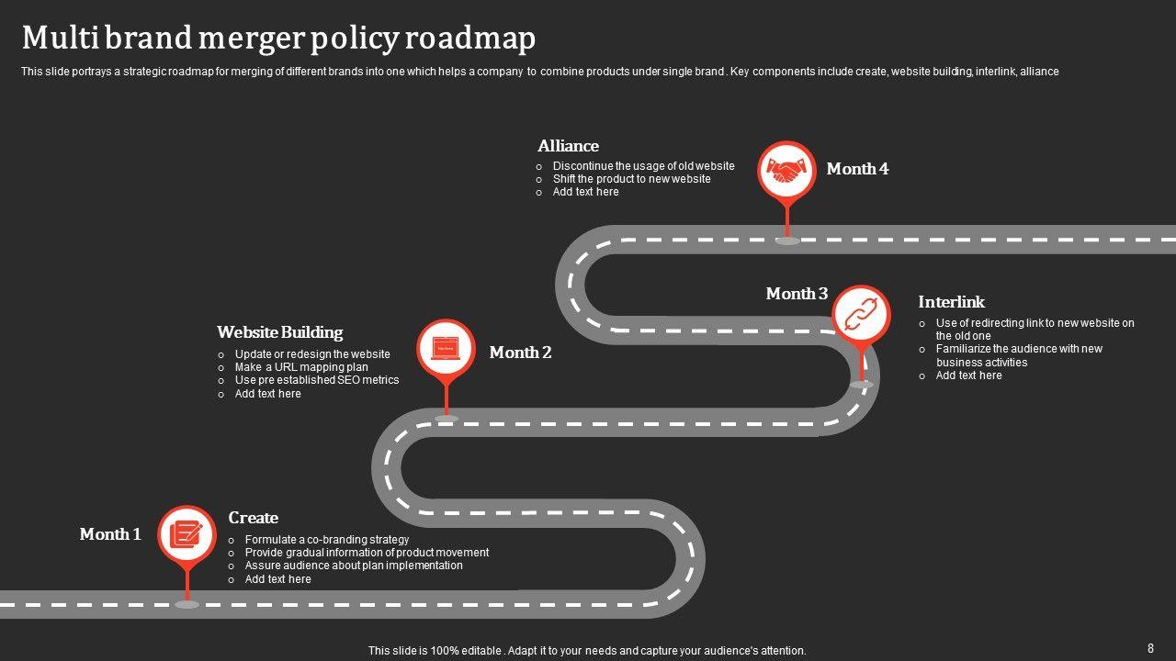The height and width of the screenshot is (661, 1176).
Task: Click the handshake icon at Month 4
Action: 786,170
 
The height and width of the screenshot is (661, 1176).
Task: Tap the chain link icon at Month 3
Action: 862,315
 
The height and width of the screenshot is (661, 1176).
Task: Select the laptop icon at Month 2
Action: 447,349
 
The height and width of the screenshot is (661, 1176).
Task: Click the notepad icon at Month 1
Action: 187,533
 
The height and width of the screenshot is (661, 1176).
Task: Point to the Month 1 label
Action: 110,534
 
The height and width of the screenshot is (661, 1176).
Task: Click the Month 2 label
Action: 520,353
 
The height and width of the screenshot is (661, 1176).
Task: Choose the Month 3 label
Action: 797,294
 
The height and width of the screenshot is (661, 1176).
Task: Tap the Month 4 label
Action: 857,169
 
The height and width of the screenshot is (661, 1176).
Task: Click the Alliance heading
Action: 568,146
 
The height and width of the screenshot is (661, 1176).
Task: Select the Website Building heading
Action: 279,332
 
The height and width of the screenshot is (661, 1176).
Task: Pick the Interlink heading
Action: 951,302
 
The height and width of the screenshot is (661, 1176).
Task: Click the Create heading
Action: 253,518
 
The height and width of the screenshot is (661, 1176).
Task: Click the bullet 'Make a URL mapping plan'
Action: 301,367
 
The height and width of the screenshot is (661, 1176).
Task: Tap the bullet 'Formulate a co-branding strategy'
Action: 327,540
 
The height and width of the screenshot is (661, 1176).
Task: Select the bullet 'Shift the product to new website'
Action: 631,179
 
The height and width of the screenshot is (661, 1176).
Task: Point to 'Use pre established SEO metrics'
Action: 317,380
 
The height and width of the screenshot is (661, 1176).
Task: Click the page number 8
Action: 1150,648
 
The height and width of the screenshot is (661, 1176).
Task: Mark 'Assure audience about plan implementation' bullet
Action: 354,566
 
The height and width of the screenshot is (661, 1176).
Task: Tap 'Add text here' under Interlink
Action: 968,375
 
